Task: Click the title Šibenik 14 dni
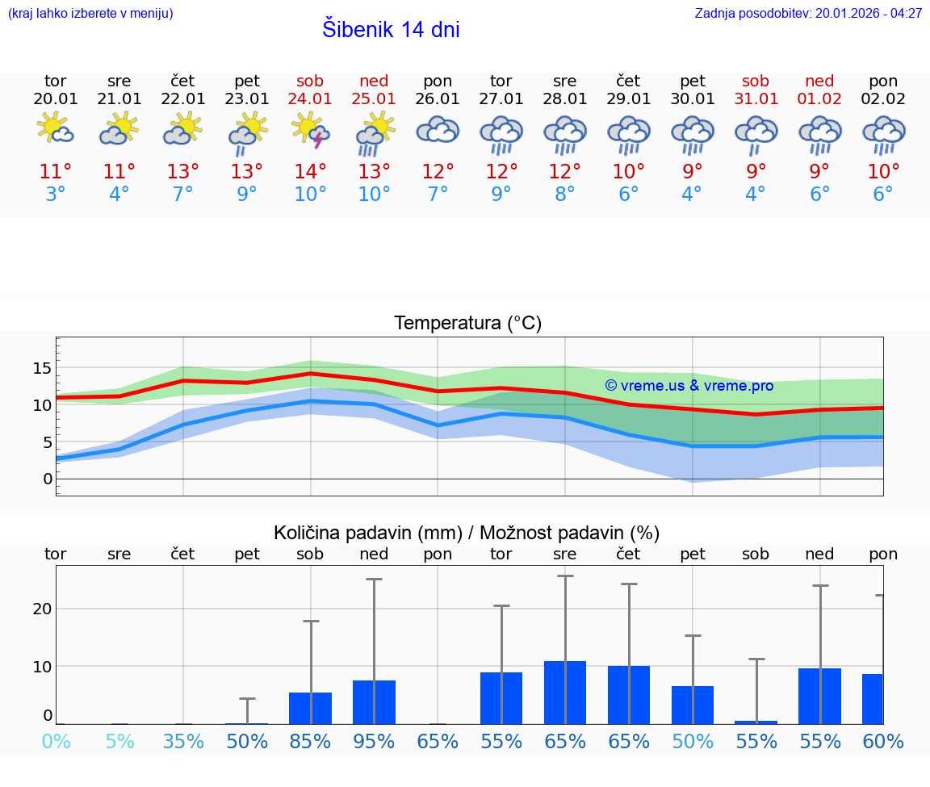tap(391, 30)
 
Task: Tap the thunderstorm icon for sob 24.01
tap(311, 131)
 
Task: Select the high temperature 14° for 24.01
tap(311, 172)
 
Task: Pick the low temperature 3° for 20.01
tap(56, 195)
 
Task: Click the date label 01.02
tap(819, 99)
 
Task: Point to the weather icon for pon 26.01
tap(438, 131)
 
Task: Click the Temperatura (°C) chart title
tap(467, 324)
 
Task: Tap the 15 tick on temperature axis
tap(42, 368)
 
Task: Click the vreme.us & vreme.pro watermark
tap(689, 386)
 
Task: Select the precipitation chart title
tap(467, 533)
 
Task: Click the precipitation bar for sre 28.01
tap(565, 693)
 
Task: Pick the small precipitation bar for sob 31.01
tap(756, 722)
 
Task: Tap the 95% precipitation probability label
tap(374, 742)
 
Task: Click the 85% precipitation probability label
tap(310, 742)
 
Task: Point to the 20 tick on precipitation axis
tap(42, 609)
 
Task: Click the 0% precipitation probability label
tap(56, 742)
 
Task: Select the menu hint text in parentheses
tap(90, 14)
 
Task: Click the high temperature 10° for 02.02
tap(883, 172)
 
